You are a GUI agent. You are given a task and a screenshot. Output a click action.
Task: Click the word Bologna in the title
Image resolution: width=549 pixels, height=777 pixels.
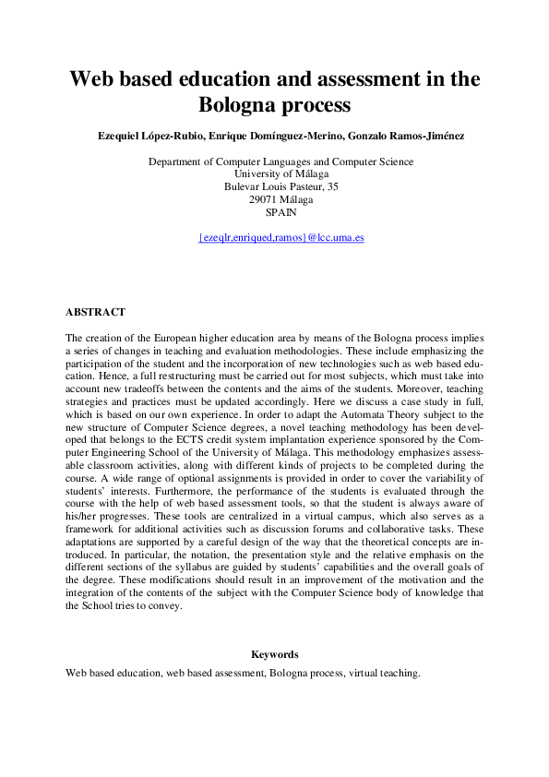242,105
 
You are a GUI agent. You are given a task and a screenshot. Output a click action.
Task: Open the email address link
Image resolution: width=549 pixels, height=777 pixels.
281,237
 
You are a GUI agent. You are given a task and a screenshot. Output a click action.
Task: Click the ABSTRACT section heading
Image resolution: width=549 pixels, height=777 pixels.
95,313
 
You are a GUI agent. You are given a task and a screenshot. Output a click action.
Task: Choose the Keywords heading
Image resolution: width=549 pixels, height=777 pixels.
274,654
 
